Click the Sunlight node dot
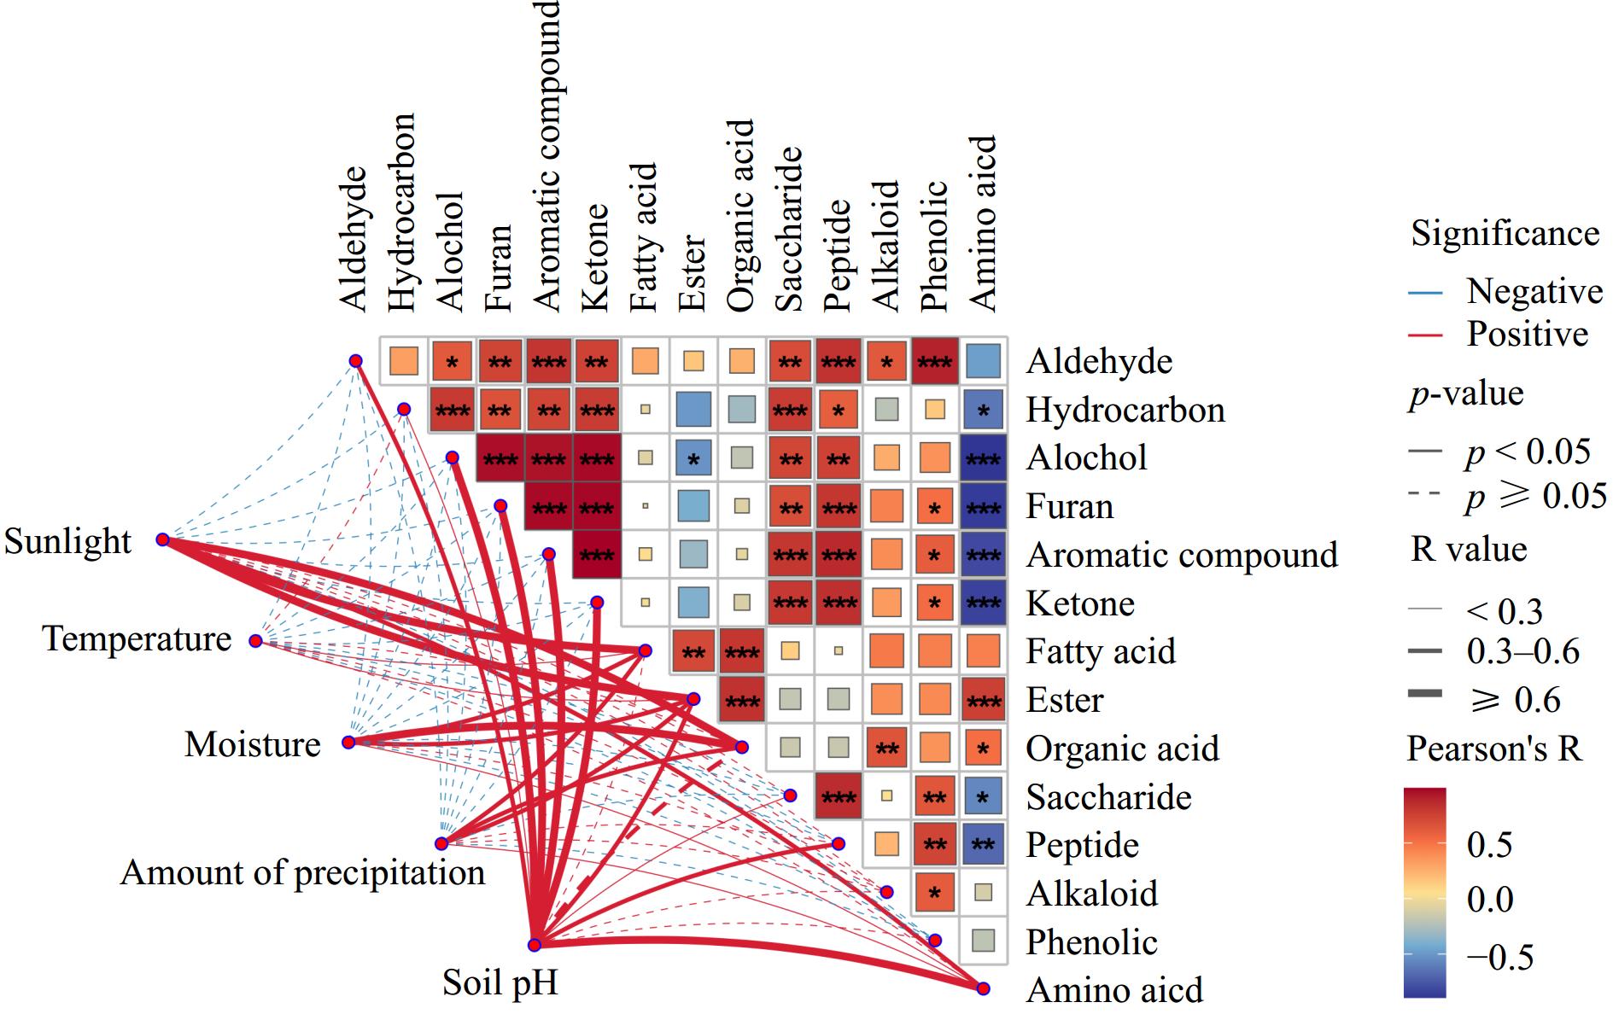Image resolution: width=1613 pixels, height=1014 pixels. pyautogui.click(x=162, y=539)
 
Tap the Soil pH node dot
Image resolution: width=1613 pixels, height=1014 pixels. pyautogui.click(x=535, y=944)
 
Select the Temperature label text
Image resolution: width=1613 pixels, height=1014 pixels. pyautogui.click(x=137, y=638)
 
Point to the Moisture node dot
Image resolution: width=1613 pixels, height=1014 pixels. pyautogui.click(x=348, y=742)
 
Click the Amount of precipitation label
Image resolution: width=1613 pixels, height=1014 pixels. pyautogui.click(x=302, y=872)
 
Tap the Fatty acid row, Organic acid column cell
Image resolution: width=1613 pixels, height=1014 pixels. pyautogui.click(x=741, y=652)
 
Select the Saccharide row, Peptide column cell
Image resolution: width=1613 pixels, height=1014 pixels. pyautogui.click(x=838, y=797)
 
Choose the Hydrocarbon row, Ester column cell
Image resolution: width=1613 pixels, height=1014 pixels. pyautogui.click(x=693, y=410)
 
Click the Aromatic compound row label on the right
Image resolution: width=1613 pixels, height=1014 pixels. pyautogui.click(x=1182, y=555)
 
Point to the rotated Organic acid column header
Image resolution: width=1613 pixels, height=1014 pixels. pyautogui.click(x=741, y=215)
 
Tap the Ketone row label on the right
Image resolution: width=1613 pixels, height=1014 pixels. pyautogui.click(x=1080, y=603)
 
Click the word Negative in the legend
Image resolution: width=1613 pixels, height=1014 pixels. pyautogui.click(x=1534, y=291)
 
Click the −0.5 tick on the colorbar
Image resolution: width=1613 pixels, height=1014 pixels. pyautogui.click(x=1499, y=956)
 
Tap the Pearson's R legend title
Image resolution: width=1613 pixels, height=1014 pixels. pyautogui.click(x=1493, y=749)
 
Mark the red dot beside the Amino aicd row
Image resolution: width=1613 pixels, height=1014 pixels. pyautogui.click(x=983, y=988)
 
